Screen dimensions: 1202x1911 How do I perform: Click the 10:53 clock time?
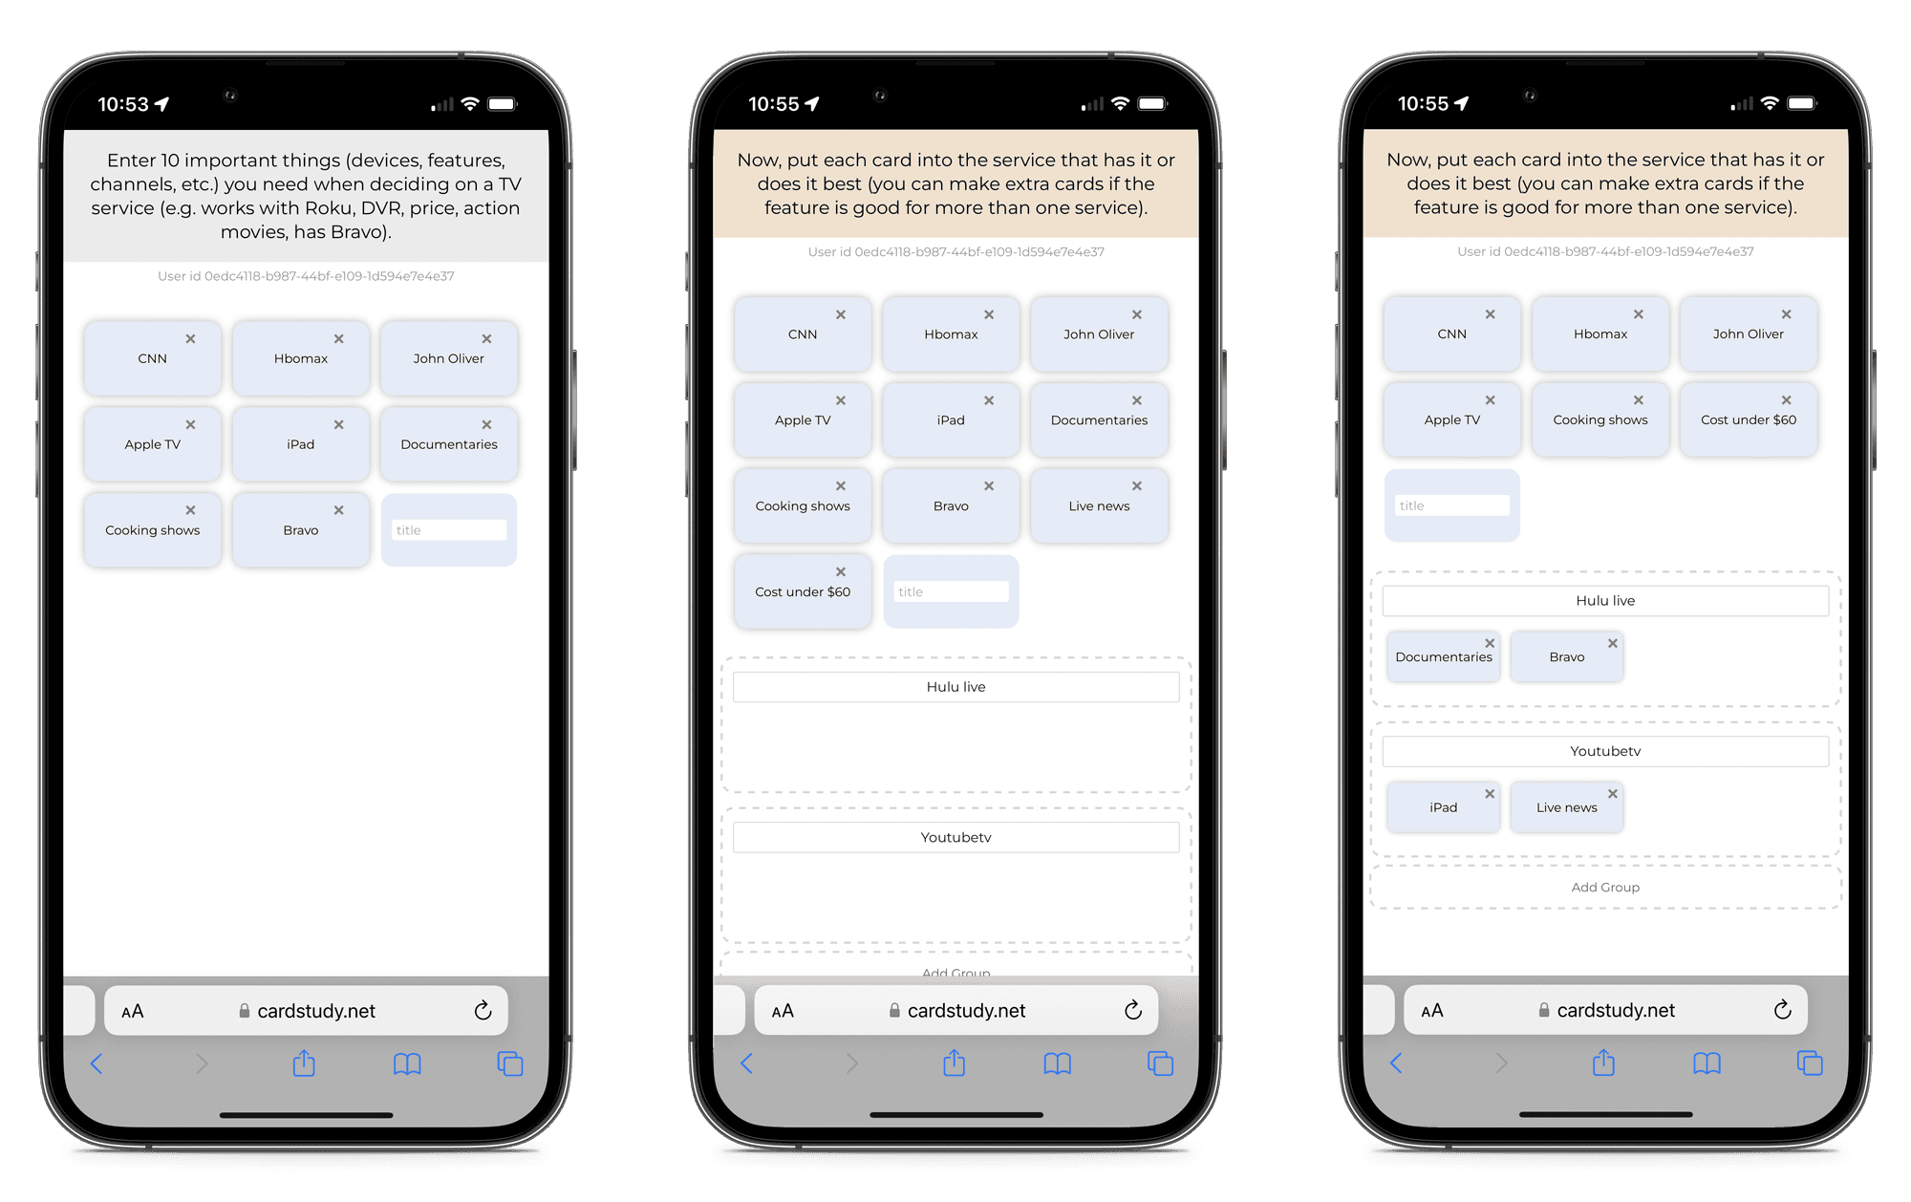123,104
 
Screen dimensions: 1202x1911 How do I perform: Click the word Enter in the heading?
130,161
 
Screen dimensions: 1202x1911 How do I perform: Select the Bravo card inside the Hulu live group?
1566,656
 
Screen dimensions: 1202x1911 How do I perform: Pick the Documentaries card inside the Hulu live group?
1443,656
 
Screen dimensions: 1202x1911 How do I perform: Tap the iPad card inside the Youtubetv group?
1443,807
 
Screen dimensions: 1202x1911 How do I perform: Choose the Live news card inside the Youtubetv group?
1566,807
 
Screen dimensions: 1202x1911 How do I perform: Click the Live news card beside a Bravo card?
1099,505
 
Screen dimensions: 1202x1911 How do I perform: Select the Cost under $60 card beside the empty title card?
803,591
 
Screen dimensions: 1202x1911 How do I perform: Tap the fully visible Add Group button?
1605,888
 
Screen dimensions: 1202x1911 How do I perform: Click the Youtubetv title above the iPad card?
1605,751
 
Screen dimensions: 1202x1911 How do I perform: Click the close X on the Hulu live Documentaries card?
1490,643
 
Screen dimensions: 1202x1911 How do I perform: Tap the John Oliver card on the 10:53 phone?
448,358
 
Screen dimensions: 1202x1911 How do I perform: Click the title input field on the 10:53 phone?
448,530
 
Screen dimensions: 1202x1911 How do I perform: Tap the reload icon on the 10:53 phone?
483,1011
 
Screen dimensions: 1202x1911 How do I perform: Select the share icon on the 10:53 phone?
304,1063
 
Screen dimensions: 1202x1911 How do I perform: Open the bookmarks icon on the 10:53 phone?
407,1063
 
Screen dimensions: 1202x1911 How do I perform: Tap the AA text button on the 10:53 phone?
133,1011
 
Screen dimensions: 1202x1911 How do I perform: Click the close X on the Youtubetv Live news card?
1613,794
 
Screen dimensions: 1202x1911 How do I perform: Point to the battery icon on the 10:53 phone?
502,104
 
